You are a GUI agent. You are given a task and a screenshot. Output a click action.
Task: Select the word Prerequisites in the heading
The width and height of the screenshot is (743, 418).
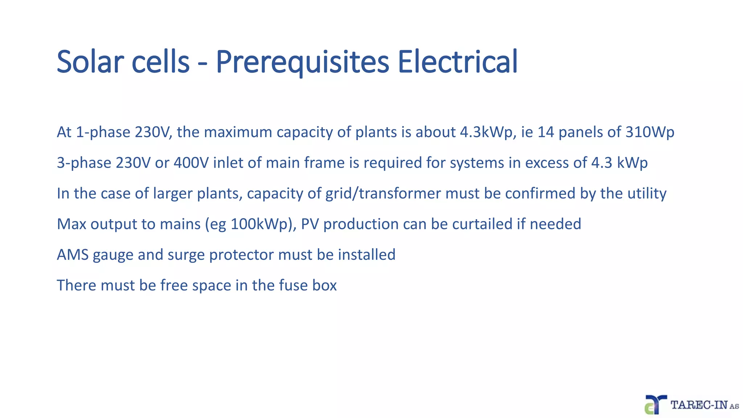[302, 62]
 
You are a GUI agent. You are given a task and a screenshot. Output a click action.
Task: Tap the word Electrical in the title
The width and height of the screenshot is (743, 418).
[457, 62]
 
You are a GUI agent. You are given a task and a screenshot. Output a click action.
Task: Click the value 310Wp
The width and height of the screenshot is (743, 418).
[650, 132]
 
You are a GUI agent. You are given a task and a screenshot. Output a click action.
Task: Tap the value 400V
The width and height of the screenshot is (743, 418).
[191, 163]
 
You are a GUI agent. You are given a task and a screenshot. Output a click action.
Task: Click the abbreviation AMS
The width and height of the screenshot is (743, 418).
[73, 255]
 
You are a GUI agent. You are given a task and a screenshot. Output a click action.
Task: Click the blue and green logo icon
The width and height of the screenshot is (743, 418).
[655, 405]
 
